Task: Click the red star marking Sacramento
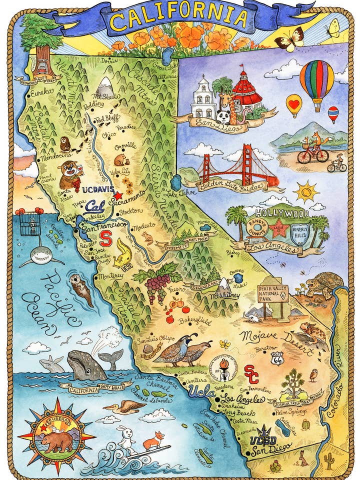[118, 196]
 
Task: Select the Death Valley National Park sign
[273, 294]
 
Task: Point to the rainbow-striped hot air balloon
[316, 82]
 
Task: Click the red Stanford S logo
[105, 238]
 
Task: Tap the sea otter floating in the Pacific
[81, 288]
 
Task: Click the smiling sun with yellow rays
[306, 191]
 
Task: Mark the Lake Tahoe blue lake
[175, 182]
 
